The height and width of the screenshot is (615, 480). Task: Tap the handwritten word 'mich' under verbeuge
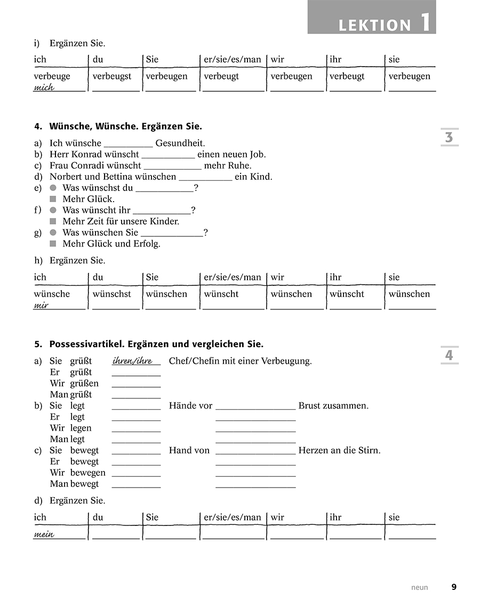pyautogui.click(x=44, y=87)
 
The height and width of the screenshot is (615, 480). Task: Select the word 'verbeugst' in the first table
pyautogui.click(x=111, y=76)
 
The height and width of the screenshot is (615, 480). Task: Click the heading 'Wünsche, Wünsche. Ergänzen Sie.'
pyautogui.click(x=125, y=127)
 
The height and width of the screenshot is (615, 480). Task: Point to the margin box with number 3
pyautogui.click(x=449, y=137)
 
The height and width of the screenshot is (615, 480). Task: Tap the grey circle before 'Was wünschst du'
pyautogui.click(x=53, y=188)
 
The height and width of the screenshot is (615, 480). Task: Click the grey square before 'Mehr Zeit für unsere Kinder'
pyautogui.click(x=53, y=221)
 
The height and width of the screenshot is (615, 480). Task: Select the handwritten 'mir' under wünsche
pyautogui.click(x=41, y=305)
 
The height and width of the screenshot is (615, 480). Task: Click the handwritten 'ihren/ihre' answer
pyautogui.click(x=132, y=361)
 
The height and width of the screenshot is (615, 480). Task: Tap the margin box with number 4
pyautogui.click(x=449, y=355)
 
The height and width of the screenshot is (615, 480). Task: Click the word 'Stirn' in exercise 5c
pyautogui.click(x=370, y=450)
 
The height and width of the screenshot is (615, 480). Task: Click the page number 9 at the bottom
pyautogui.click(x=454, y=587)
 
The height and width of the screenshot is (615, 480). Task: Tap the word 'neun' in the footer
pyautogui.click(x=419, y=588)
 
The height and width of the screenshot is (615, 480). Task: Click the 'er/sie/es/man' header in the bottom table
pyautogui.click(x=233, y=517)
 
